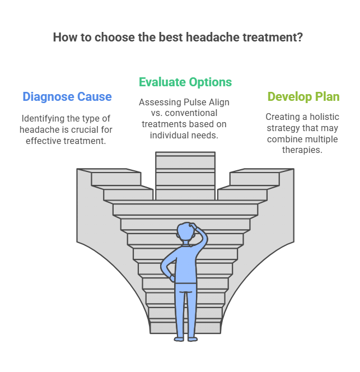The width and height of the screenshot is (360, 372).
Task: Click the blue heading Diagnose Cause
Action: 67,96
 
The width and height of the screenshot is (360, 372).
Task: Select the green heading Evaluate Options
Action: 185,82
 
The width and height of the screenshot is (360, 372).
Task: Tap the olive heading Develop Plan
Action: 303,96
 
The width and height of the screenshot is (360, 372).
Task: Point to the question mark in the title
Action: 301,38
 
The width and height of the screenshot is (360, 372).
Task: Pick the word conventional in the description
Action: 193,113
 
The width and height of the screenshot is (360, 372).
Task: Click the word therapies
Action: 302,151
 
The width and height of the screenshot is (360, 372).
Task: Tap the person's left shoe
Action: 179,338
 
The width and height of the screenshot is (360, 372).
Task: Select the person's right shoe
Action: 193,338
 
